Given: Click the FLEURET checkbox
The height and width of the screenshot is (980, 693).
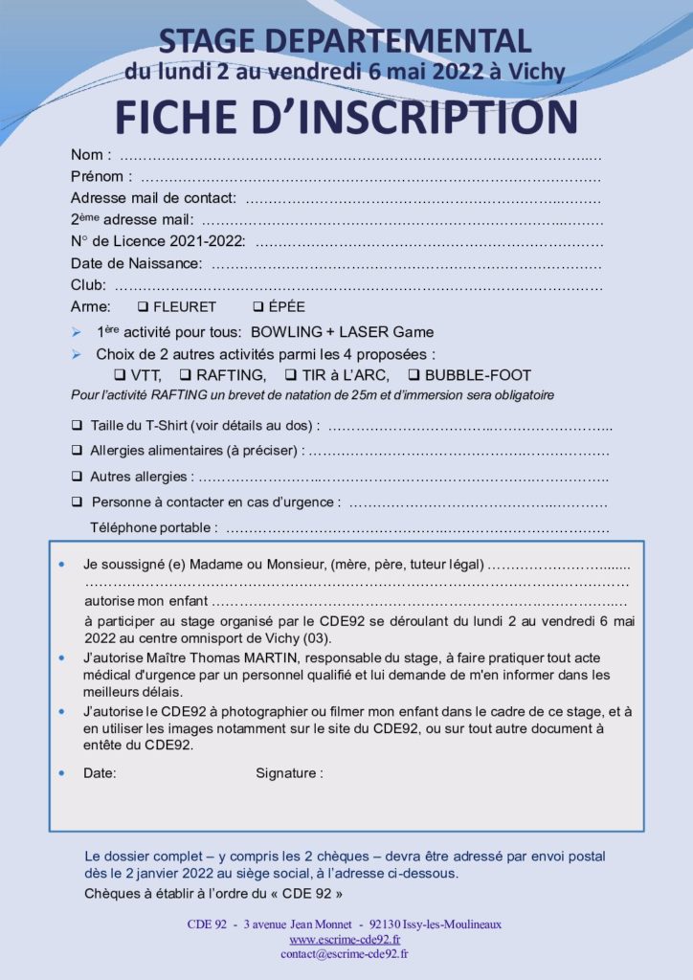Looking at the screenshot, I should (143, 307).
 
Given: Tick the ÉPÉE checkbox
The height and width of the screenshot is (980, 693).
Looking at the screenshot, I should (257, 307).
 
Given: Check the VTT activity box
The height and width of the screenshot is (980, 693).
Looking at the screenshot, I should (121, 375).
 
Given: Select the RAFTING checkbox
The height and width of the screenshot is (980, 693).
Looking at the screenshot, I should (187, 375).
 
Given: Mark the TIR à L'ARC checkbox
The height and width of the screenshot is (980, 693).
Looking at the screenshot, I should (290, 375).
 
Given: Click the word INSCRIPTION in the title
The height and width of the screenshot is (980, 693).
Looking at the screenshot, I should (431, 116).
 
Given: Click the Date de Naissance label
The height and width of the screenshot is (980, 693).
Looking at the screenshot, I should (136, 263).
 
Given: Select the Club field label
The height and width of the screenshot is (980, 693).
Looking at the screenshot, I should (88, 285).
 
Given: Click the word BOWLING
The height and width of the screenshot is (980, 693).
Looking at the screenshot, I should (285, 332).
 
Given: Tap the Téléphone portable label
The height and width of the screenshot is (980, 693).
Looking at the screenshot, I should (153, 527).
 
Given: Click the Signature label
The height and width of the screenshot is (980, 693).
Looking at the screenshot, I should (288, 772).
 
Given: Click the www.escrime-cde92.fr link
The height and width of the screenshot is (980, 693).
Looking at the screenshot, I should (345, 940).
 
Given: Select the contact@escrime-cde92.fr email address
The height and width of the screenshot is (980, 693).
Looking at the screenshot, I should (345, 954).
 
